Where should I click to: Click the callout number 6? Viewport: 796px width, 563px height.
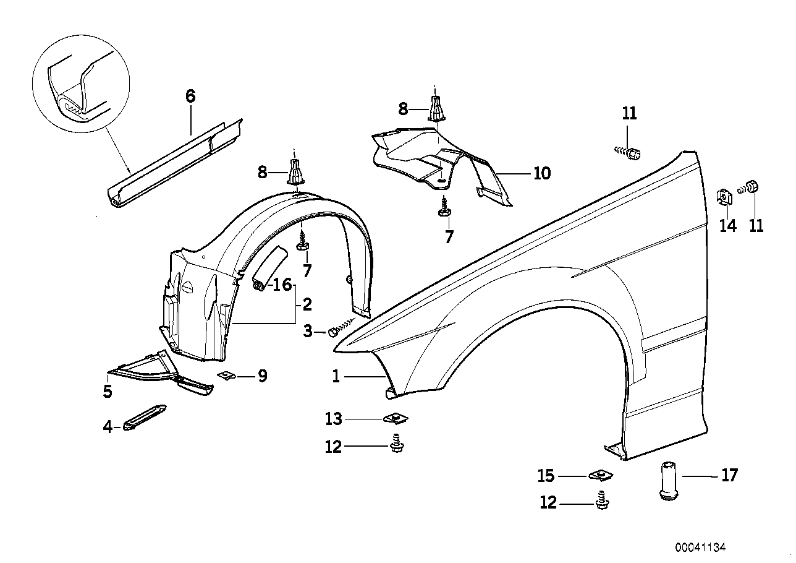190,96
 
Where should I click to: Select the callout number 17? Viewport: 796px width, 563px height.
729,475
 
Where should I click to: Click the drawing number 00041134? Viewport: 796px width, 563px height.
700,547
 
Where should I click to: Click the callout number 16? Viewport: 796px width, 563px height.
282,285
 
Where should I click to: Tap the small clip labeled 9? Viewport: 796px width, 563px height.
227,375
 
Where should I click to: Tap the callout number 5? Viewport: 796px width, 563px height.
108,391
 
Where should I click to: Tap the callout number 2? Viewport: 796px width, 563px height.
307,304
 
